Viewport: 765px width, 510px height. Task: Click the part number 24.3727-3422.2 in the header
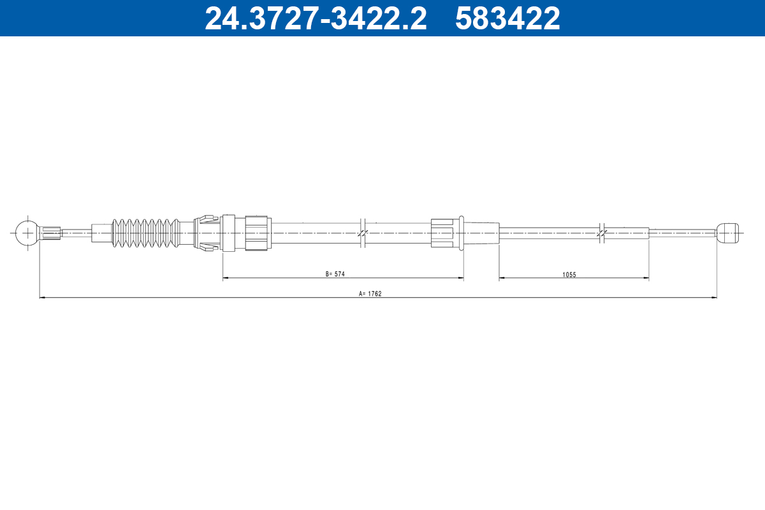point(315,18)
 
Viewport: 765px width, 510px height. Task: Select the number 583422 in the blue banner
point(507,18)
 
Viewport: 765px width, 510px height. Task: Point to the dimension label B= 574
point(335,274)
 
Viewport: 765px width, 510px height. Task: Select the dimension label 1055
point(569,274)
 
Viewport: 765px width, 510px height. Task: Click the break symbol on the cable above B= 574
point(362,233)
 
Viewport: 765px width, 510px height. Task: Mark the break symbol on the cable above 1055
point(601,233)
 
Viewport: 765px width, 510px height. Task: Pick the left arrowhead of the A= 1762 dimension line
point(43,297)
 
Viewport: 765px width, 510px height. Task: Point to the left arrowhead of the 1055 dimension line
point(502,278)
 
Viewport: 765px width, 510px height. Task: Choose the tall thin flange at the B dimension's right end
point(461,233)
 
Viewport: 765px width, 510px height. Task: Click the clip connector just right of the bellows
point(205,233)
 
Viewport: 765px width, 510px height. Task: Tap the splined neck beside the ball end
point(52,233)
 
